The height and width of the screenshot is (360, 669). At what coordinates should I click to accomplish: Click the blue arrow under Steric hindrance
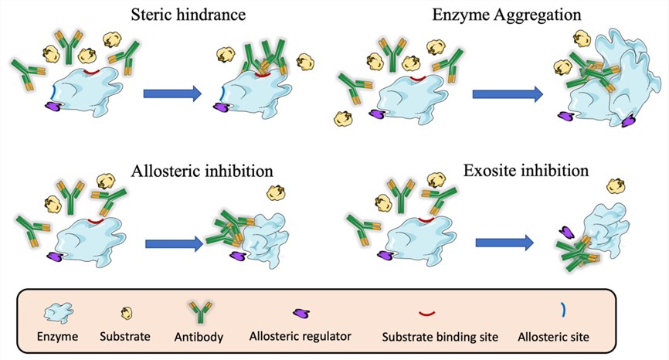click(171, 94)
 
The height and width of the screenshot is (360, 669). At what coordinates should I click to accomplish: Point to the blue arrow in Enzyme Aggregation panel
click(507, 94)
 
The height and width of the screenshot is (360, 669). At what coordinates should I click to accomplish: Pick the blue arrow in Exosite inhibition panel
click(506, 242)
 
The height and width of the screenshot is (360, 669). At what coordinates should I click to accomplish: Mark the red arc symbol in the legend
click(427, 313)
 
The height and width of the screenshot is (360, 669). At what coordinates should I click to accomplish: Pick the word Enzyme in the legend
click(57, 337)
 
